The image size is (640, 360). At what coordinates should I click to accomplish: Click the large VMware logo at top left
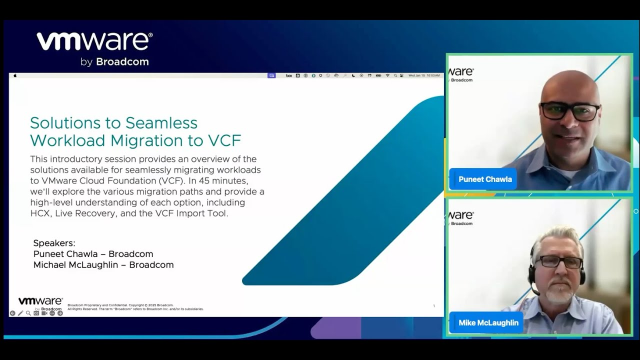tap(94, 42)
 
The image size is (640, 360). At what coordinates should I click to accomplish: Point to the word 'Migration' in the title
tap(160, 140)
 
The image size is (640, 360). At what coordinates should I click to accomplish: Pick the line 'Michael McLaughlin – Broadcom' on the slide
tap(104, 265)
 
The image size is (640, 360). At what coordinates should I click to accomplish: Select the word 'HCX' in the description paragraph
tap(42, 213)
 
